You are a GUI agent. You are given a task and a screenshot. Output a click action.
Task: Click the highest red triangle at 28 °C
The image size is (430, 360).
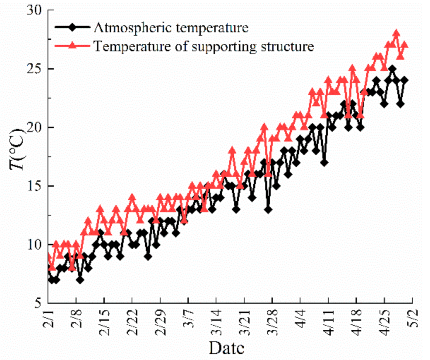[x=396, y=33]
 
